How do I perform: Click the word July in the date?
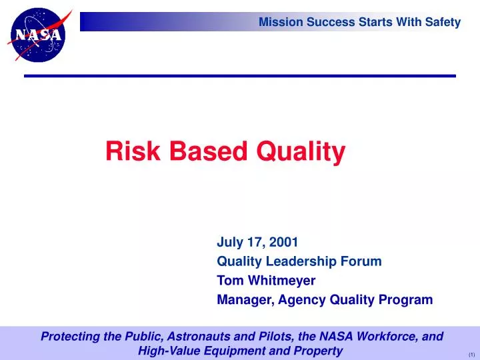click(229, 242)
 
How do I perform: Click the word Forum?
click(364, 261)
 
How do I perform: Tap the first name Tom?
click(228, 281)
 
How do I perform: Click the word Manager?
click(242, 300)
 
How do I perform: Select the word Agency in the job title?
click(299, 300)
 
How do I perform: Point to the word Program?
click(407, 300)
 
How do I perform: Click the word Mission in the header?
click(279, 22)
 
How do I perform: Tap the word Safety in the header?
click(443, 22)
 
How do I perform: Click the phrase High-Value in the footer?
click(166, 351)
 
